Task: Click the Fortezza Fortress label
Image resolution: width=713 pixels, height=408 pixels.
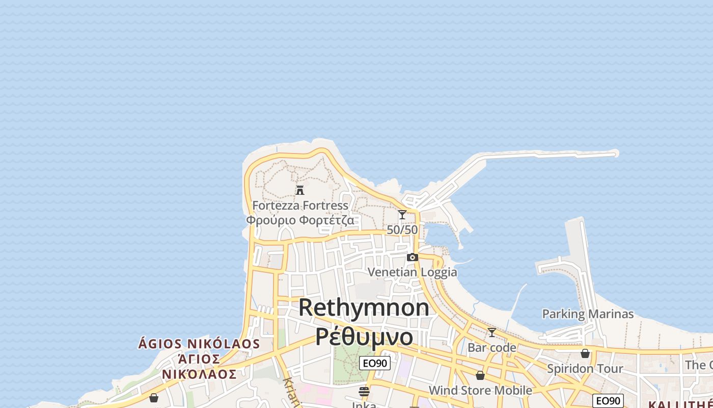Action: (300, 206)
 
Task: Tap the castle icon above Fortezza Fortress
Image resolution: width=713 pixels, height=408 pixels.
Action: (300, 190)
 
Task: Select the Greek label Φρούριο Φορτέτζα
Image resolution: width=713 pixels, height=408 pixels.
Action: (300, 220)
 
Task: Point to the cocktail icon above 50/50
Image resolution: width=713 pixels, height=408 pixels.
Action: (402, 215)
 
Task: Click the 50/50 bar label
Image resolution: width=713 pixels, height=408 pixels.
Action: (402, 230)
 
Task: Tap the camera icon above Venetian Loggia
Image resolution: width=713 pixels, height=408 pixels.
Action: (413, 257)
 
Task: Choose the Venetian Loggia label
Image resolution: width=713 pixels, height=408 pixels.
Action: (413, 272)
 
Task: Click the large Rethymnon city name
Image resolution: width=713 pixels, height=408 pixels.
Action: (364, 308)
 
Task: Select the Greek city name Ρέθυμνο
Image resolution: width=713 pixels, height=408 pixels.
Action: (364, 337)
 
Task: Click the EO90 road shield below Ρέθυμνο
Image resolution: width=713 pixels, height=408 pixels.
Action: (375, 363)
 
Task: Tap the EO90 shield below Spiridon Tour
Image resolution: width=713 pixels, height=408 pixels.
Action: (608, 401)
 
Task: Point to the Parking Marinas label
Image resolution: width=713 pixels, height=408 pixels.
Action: (588, 314)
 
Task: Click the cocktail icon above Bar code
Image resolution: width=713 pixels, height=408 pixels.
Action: (492, 333)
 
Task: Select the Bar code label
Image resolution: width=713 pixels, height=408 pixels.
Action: (492, 348)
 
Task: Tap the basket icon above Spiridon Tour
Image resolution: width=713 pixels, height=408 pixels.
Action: (585, 353)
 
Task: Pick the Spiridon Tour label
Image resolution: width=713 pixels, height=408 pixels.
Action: (585, 368)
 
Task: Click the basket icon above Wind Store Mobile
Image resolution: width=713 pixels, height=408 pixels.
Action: (480, 375)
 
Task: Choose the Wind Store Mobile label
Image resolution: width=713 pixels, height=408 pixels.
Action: (480, 391)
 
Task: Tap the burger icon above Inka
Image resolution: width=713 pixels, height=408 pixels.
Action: (364, 392)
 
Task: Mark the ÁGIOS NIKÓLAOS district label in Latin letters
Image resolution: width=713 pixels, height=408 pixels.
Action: (199, 344)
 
